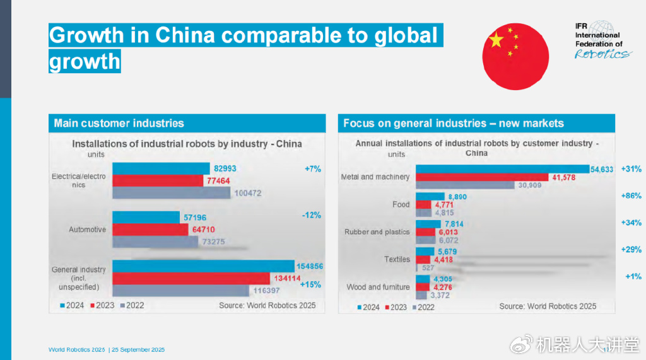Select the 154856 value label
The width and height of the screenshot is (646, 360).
(309, 267)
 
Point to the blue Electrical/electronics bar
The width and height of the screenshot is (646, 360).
(161, 168)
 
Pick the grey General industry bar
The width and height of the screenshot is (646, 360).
(180, 290)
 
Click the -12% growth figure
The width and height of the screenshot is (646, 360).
(311, 215)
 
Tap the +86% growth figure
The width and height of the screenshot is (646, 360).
(631, 196)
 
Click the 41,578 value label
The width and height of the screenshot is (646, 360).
(565, 177)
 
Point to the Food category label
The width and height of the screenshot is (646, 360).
(401, 204)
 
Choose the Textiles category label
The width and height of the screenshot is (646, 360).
(397, 259)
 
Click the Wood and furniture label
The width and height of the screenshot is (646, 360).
(378, 287)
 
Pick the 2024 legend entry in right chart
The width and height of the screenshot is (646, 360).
(367, 307)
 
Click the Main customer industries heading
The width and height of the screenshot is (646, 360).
(119, 124)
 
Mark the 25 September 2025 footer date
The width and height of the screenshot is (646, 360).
(138, 350)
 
